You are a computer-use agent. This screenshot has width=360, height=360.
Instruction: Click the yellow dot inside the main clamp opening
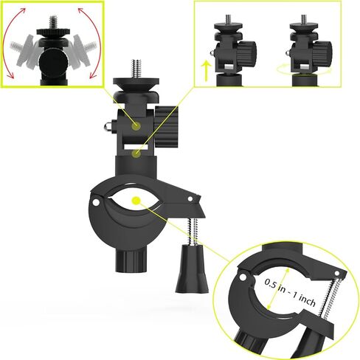pos(136,200)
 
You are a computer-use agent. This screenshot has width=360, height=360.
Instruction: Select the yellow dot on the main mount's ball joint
pos(137,127)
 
